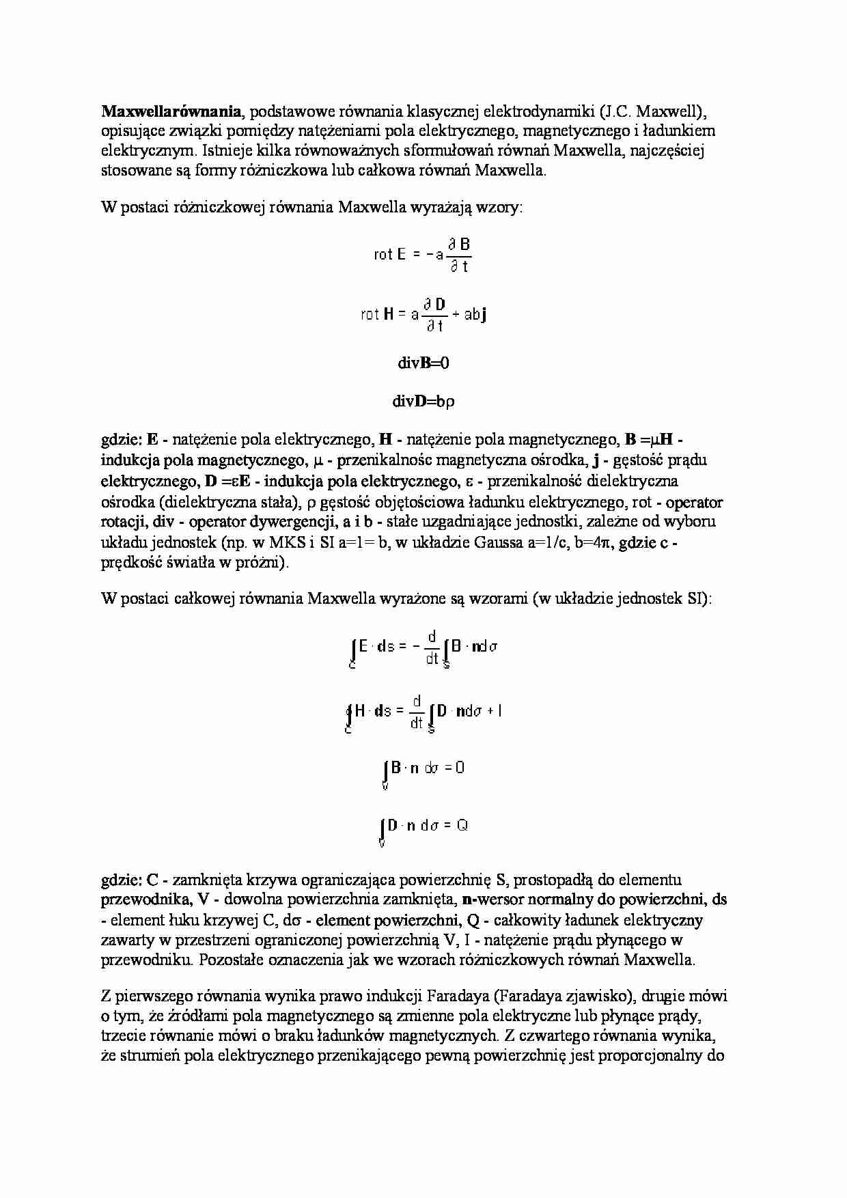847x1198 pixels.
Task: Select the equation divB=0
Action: tap(423, 363)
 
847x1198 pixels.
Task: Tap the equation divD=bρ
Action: tap(423, 402)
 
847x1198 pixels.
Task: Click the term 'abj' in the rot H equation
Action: tap(475, 315)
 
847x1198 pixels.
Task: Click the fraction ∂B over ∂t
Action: tap(459, 255)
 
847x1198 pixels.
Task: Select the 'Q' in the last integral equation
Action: tap(462, 826)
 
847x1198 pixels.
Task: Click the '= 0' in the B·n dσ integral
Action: tap(454, 768)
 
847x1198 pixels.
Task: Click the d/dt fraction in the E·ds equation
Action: tap(432, 647)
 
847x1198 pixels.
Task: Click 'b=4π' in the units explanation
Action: tap(579, 543)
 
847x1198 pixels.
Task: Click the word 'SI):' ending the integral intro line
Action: tap(695, 599)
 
